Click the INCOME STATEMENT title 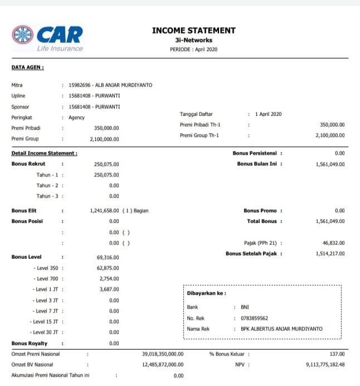coord(193,31)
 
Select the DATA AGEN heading coord(28,67)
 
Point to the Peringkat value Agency coord(76,118)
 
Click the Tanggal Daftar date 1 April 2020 coord(269,114)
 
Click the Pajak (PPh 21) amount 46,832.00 coord(333,243)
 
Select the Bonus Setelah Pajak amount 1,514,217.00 coord(330,254)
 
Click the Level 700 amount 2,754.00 coord(109,278)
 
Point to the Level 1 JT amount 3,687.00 coord(109,289)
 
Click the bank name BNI coord(245,307)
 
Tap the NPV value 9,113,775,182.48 coord(325,365)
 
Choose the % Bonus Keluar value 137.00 coord(337,354)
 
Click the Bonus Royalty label coord(29,343)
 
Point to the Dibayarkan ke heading coord(206,293)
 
